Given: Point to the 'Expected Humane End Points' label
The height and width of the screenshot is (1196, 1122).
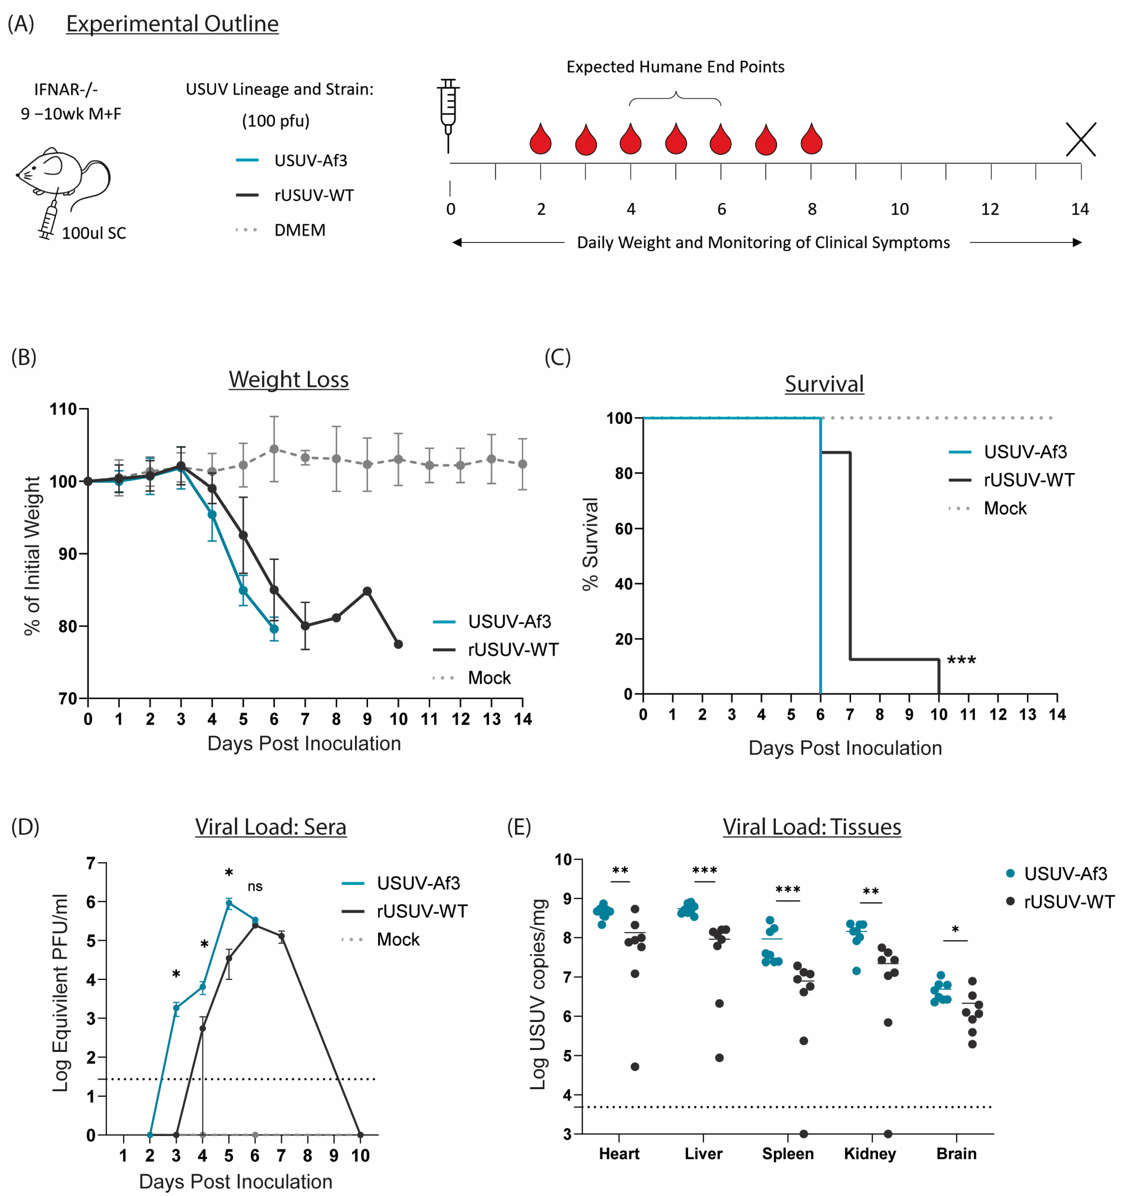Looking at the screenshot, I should pos(675,67).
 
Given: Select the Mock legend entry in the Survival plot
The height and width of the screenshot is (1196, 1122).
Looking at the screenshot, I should pos(1005,508).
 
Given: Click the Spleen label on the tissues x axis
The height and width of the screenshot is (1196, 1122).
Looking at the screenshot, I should pos(788,1153).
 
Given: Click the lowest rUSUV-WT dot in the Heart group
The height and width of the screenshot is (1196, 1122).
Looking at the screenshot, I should pos(635,1067).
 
